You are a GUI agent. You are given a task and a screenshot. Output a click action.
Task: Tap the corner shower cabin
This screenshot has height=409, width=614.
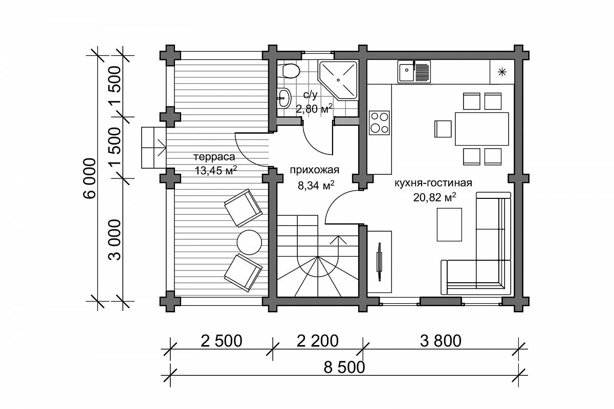[338, 80]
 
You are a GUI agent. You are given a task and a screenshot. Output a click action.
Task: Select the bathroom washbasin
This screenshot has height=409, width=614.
[284, 98]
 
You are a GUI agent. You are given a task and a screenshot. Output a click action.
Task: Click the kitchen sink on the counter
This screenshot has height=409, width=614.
[414, 72]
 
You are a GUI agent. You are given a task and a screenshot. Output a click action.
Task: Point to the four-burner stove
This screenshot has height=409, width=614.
[379, 123]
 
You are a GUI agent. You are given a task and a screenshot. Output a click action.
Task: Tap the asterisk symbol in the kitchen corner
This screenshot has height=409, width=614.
[502, 72]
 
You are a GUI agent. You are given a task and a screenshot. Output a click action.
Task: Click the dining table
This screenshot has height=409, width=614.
[482, 129]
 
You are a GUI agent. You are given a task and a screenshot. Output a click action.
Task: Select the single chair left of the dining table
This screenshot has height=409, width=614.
[443, 129]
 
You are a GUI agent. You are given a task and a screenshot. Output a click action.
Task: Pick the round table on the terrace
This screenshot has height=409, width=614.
[249, 242]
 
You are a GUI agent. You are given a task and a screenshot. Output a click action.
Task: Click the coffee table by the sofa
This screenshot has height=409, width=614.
[449, 224]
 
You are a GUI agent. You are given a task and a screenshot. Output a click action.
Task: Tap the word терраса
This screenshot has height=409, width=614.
[214, 157]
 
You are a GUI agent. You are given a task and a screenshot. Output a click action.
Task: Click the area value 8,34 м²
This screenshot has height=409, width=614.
[316, 186]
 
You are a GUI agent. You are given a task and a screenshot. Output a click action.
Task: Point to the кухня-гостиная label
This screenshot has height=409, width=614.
[433, 183]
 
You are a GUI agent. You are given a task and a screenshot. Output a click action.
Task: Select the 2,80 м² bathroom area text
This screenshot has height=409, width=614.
[314, 109]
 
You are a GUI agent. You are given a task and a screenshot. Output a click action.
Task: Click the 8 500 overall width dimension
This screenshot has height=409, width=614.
[344, 368]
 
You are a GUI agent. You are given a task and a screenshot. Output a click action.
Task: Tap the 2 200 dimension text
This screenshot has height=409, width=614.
[317, 341]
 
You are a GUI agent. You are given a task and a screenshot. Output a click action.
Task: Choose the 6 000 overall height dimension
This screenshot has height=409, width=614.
[90, 178]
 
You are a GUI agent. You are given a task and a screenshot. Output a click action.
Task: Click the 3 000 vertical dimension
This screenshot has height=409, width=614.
[115, 240]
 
